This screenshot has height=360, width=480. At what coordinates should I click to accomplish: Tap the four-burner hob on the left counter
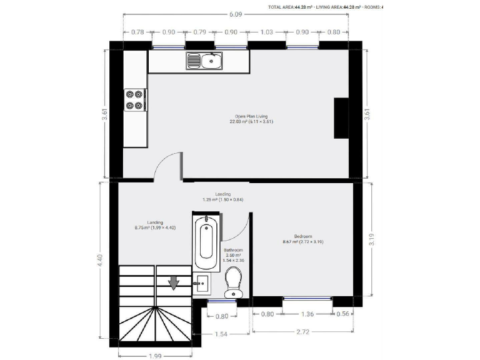134,100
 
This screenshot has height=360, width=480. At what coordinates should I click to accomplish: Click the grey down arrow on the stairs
174,283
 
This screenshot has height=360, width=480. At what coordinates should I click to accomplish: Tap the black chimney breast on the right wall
341,117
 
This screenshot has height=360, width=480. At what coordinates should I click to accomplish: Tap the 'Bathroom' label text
234,250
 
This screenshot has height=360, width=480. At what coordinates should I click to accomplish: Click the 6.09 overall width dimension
236,13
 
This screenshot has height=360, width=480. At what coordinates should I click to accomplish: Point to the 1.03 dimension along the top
267,32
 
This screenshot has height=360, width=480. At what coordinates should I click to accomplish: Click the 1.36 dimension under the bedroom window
307,314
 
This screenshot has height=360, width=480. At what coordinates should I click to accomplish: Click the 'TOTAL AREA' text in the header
281,7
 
